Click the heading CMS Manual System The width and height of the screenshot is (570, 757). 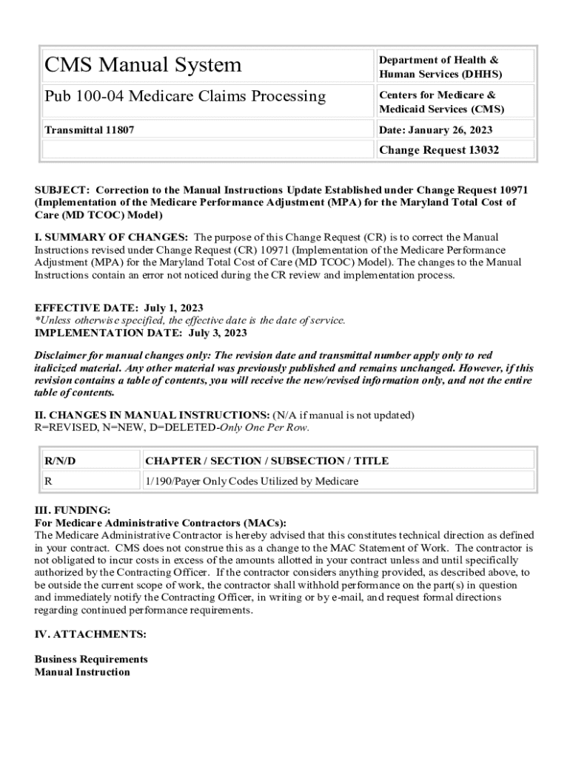[143, 65]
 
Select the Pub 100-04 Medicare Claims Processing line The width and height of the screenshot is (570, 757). [185, 96]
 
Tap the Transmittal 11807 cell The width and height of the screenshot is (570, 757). [90, 130]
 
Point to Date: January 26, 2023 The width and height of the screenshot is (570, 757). [435, 130]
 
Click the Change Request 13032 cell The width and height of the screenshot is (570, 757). [439, 150]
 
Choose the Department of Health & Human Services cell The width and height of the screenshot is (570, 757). [440, 67]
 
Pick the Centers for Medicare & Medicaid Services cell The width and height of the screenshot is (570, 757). [441, 102]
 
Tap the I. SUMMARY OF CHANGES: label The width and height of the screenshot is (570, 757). [111, 237]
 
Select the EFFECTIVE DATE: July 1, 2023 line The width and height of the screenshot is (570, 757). [119, 308]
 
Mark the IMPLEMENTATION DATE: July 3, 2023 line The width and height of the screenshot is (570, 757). [141, 333]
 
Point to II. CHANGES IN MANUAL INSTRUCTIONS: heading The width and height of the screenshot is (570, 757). [152, 415]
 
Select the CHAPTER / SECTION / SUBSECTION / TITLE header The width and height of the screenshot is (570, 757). [266, 461]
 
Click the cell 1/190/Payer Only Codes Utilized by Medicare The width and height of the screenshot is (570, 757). [252, 481]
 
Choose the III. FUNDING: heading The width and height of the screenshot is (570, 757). [73, 510]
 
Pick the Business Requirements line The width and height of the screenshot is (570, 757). [91, 659]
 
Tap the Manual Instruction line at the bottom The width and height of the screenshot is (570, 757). [82, 672]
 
